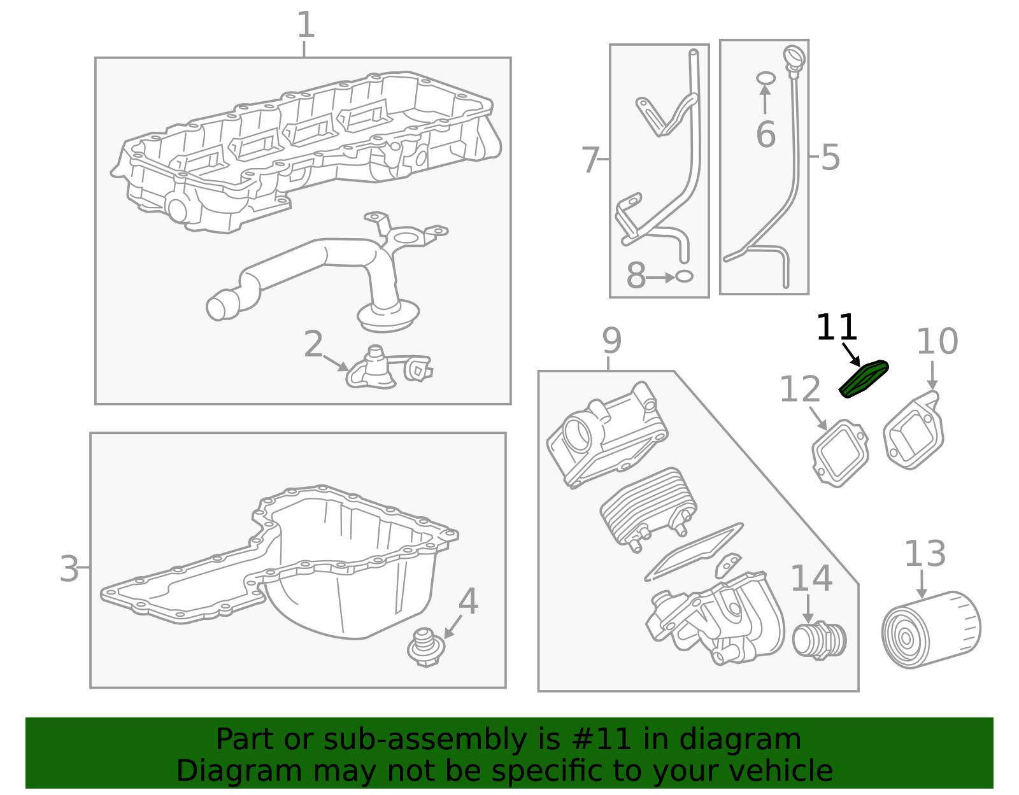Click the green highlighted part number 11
click(864, 379)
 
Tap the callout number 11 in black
click(836, 328)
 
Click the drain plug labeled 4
click(425, 647)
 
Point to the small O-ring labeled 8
click(684, 277)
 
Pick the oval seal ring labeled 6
click(766, 78)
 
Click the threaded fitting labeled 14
click(819, 640)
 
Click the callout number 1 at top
click(306, 25)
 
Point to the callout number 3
click(69, 568)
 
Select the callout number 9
click(611, 341)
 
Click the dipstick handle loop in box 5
click(794, 57)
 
